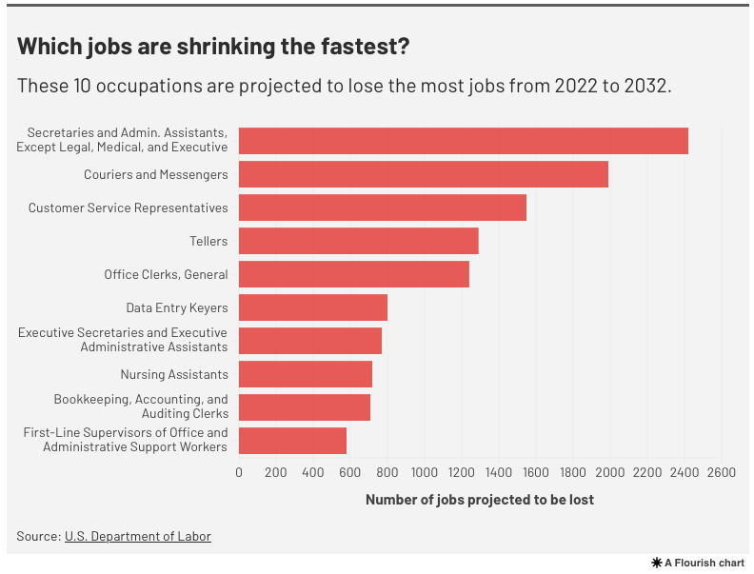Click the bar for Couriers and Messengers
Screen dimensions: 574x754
[423, 174]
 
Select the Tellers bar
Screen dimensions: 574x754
[358, 241]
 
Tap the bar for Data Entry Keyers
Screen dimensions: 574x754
[312, 307]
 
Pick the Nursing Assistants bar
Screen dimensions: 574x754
[305, 374]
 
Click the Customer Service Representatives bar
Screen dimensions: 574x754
[382, 208]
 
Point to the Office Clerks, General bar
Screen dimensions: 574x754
[353, 274]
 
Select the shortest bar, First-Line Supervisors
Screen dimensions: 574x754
[292, 441]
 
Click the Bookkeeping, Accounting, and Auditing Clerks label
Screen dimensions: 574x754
[141, 406]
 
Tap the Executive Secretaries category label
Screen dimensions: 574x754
[123, 340]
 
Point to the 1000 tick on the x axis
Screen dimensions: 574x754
[424, 472]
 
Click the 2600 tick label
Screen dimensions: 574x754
[721, 472]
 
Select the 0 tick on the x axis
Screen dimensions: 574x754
[239, 472]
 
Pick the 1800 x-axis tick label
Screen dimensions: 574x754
[572, 472]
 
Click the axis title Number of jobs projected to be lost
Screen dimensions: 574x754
[479, 500]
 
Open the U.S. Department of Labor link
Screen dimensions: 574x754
[138, 536]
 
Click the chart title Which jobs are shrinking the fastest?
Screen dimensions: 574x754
[214, 47]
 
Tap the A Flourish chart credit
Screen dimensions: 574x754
[698, 563]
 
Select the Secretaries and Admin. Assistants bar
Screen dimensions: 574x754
[463, 141]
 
